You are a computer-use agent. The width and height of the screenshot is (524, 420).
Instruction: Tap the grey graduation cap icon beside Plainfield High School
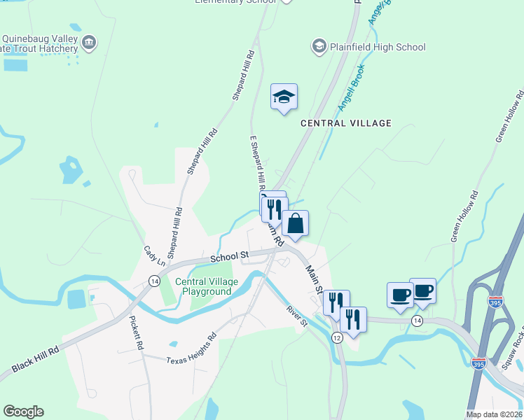click(x=319, y=46)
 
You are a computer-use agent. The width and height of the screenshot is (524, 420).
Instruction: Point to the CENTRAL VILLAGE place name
click(x=346, y=123)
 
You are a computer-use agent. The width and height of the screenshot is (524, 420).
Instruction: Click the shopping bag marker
click(x=295, y=224)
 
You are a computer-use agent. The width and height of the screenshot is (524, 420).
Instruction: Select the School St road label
click(x=230, y=257)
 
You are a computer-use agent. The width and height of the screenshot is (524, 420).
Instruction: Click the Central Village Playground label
click(x=203, y=286)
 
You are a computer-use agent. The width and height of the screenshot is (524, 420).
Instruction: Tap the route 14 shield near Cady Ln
click(x=153, y=281)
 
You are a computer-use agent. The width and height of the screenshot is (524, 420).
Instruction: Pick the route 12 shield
click(x=337, y=338)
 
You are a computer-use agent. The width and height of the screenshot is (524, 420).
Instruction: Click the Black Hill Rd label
click(x=35, y=363)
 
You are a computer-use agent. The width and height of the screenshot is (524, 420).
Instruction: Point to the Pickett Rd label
click(x=136, y=333)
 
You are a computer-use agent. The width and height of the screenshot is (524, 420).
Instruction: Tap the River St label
click(x=296, y=316)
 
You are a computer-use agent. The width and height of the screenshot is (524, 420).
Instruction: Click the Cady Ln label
click(x=154, y=256)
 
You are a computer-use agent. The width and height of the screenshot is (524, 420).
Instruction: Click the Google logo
click(x=23, y=412)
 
